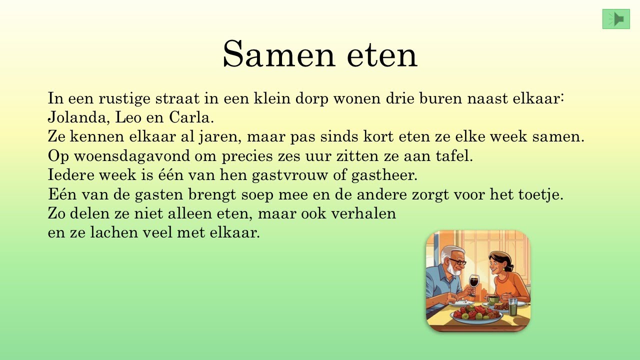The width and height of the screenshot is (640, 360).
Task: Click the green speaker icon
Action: pos(616,19)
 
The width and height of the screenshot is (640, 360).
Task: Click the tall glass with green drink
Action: pos(513,306)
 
